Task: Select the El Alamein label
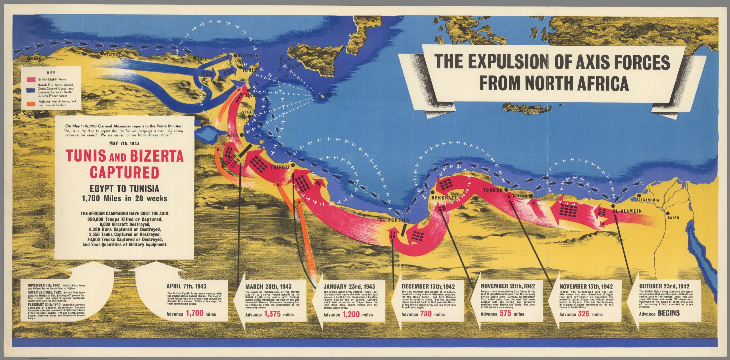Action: [x=627, y=211]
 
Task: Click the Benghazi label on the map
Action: [x=444, y=198]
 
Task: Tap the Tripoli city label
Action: [x=280, y=167]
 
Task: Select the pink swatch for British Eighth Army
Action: [x=31, y=80]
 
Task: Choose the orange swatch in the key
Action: [x=31, y=103]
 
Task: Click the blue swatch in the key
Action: [x=31, y=90]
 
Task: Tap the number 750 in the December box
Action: [x=425, y=314]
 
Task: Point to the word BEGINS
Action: [x=669, y=313]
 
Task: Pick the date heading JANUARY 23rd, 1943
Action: [x=349, y=286]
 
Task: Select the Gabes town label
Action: [x=231, y=135]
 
